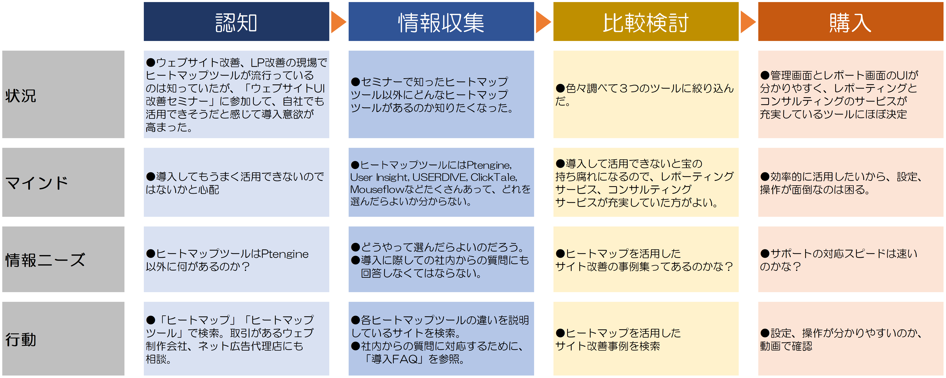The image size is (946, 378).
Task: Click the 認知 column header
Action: click(236, 22)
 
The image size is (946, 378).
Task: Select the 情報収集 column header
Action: click(441, 22)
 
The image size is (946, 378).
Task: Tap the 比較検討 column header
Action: click(646, 22)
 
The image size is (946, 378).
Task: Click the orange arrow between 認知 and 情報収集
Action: click(338, 22)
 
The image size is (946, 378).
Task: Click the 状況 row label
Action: click(21, 96)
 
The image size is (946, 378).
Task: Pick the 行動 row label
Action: click(21, 339)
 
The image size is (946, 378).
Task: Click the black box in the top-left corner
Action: click(63, 21)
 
